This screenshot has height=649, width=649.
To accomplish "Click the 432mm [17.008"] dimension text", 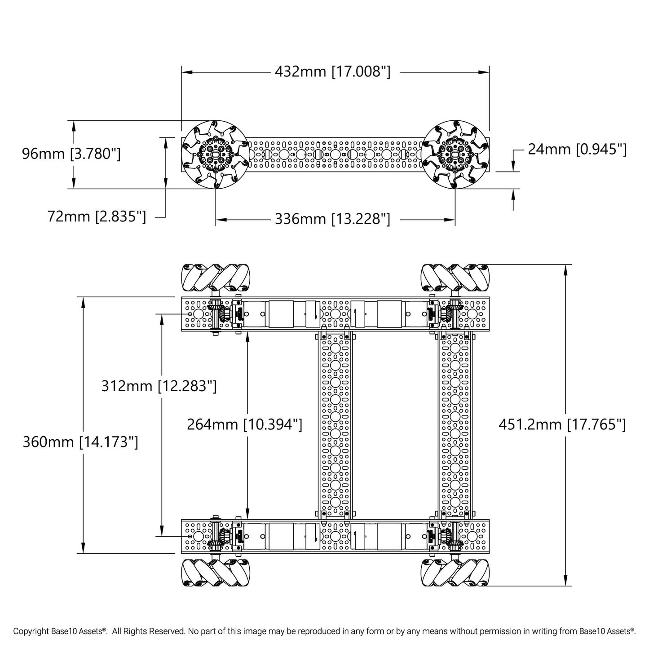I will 332,72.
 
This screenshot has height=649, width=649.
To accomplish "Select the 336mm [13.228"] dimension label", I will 332,219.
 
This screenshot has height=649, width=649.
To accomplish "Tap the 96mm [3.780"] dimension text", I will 71,154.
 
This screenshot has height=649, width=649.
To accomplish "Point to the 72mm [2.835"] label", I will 97,216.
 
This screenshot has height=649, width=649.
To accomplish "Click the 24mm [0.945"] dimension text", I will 577,149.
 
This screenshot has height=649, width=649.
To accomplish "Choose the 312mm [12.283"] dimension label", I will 159,385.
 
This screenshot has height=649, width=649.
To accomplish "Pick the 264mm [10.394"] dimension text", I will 244,424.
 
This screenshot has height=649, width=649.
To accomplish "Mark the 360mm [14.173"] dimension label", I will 80,442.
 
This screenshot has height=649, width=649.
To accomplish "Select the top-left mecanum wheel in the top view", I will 215,278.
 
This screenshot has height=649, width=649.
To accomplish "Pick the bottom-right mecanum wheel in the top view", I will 455,573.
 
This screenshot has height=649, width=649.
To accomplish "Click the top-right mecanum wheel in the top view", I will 455,278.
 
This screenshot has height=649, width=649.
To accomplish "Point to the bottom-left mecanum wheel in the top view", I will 215,573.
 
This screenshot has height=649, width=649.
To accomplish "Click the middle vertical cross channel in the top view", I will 336,425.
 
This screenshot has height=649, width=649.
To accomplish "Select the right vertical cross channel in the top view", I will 455,425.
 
